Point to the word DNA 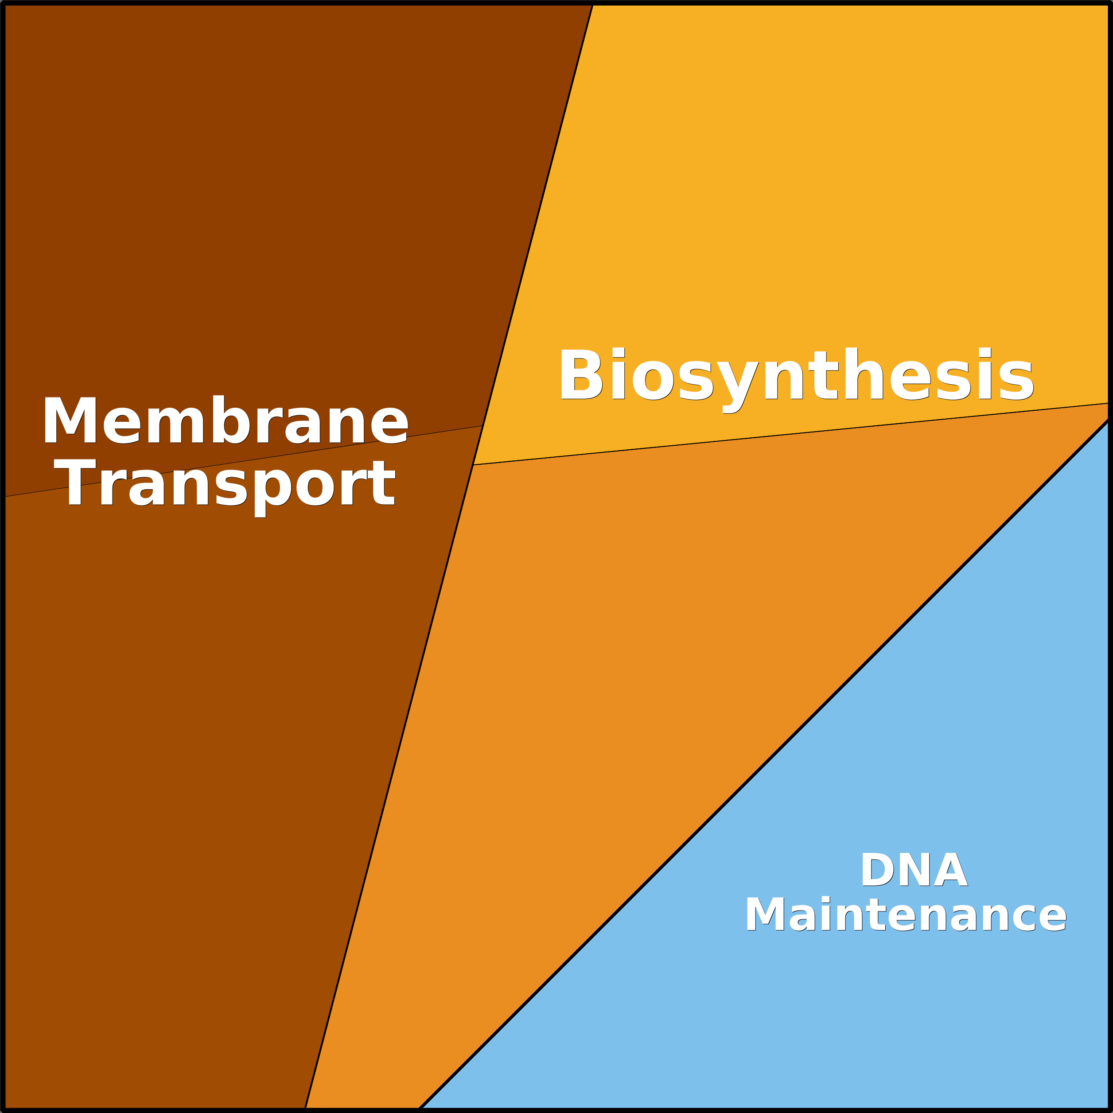pos(914,869)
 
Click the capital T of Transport pos(75,483)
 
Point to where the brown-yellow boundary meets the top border pos(593,4)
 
